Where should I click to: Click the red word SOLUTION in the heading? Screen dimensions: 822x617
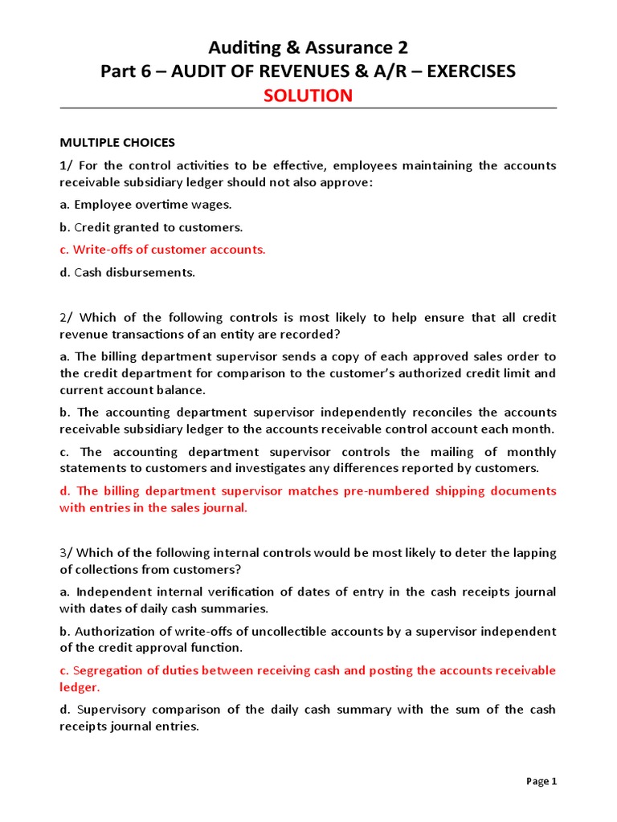pyautogui.click(x=308, y=96)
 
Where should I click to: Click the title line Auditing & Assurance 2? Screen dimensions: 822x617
pyautogui.click(x=308, y=47)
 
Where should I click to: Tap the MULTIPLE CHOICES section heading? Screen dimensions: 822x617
pyautogui.click(x=116, y=143)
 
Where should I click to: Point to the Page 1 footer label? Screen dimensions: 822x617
pyautogui.click(x=541, y=781)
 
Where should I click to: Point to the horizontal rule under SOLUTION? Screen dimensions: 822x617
pyautogui.click(x=308, y=108)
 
